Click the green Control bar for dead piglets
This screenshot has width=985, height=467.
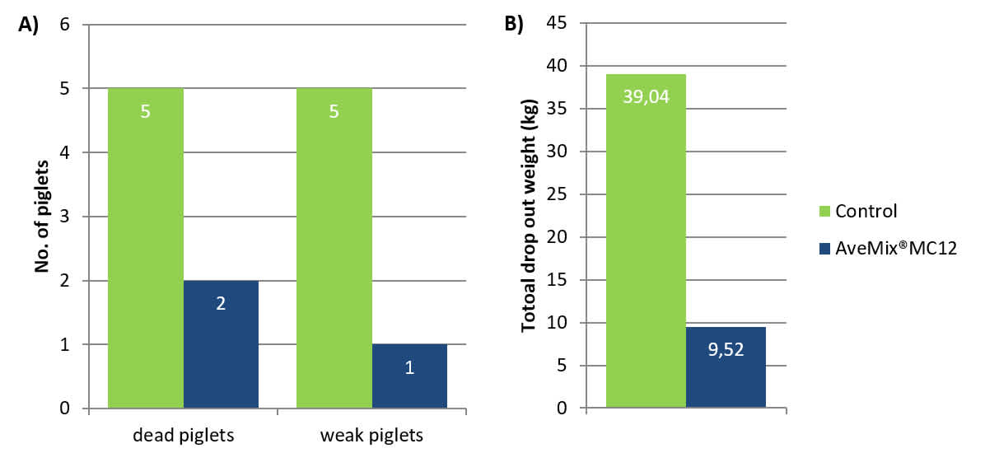point(146,247)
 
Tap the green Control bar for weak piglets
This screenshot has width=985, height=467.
point(334,247)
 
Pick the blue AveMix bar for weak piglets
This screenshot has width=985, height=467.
point(409,376)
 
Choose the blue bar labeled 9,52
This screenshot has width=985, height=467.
point(726,367)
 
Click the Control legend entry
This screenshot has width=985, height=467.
point(857,210)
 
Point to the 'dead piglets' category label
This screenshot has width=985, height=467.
point(184,436)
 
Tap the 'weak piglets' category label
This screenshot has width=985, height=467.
point(371,436)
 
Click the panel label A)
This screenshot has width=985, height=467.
point(29,25)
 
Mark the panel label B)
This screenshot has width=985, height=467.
point(514,25)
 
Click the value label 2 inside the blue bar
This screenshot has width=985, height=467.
point(221,303)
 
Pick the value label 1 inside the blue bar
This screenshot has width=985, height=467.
point(409,367)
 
